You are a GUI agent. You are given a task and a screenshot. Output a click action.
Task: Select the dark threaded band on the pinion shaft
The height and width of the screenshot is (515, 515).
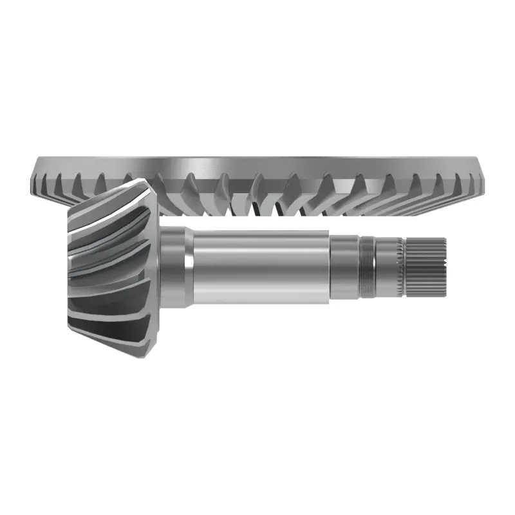pos(367,268)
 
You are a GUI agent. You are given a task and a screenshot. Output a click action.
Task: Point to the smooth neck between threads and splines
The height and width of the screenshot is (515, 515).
pos(386,268)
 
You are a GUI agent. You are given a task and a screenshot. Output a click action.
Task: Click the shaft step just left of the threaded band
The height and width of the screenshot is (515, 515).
pos(344,268)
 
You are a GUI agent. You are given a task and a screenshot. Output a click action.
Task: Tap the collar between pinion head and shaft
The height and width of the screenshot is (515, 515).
pos(173,267)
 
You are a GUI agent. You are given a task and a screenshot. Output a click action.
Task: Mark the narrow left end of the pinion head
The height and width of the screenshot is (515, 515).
pos(70,264)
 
